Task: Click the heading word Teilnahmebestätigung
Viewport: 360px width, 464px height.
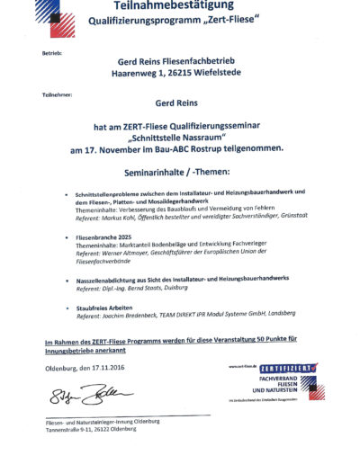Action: pos(179,7)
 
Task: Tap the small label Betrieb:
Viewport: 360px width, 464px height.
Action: pos(51,53)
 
